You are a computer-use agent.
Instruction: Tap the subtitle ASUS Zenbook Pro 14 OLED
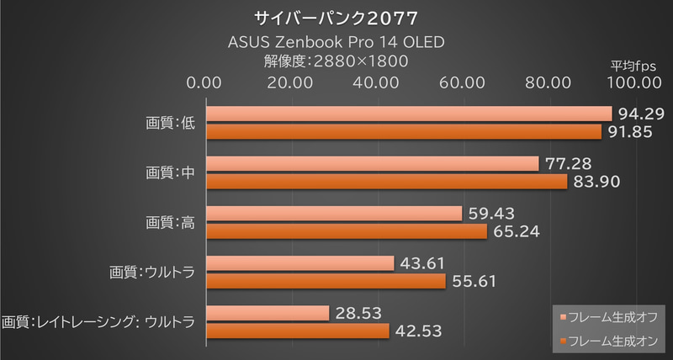tap(336, 41)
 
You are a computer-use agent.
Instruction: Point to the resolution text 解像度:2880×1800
tap(336, 61)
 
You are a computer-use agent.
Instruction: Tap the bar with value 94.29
tap(408, 114)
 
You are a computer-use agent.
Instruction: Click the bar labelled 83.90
tap(386, 182)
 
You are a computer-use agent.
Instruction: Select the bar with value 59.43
tap(334, 213)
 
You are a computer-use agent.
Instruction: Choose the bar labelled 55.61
tap(326, 281)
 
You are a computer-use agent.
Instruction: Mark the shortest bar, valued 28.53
tap(268, 313)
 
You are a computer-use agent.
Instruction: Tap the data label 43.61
tap(422, 263)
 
